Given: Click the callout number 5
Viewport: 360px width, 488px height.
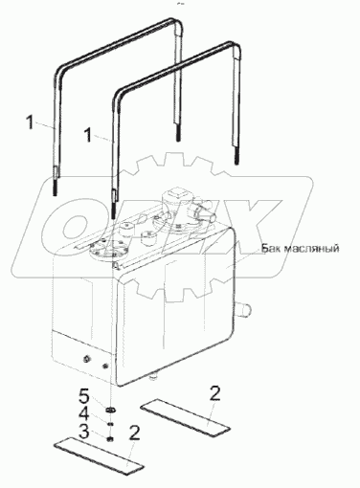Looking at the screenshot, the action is pyautogui.click(x=84, y=397).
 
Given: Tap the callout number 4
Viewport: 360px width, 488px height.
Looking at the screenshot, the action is pyautogui.click(x=84, y=415).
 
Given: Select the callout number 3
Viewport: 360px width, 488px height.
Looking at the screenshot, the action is pyautogui.click(x=84, y=433).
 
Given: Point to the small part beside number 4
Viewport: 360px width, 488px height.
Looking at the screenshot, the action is pyautogui.click(x=110, y=424).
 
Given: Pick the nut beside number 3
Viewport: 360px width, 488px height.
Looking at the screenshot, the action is pyautogui.click(x=110, y=439).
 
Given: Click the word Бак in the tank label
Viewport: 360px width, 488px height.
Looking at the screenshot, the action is pyautogui.click(x=271, y=248).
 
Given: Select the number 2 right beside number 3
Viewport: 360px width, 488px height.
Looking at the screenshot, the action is pyautogui.click(x=134, y=434).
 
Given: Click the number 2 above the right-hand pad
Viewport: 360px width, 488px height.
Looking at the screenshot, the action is pyautogui.click(x=214, y=393).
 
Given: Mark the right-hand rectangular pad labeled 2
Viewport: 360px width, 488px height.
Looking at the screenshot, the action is pyautogui.click(x=186, y=414).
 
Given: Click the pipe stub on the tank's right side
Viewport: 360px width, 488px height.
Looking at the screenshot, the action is pyautogui.click(x=244, y=309).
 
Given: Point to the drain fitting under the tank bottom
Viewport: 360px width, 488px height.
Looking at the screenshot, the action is pyautogui.click(x=153, y=376).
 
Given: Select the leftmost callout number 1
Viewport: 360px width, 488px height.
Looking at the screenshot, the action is pyautogui.click(x=30, y=122).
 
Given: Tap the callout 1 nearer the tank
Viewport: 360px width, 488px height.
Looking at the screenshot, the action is pyautogui.click(x=88, y=135).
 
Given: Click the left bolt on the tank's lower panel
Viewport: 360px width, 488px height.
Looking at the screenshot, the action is pyautogui.click(x=86, y=359).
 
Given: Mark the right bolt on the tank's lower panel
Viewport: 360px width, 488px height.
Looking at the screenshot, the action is pyautogui.click(x=105, y=366).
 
